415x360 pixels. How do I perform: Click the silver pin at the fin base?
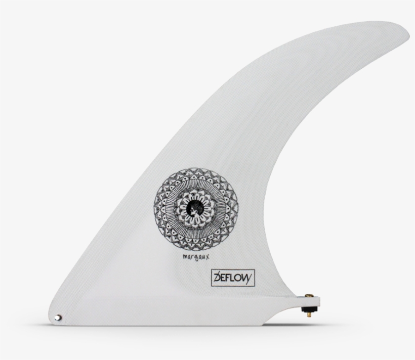point(58,318)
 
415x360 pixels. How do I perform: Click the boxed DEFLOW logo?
point(232,277)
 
